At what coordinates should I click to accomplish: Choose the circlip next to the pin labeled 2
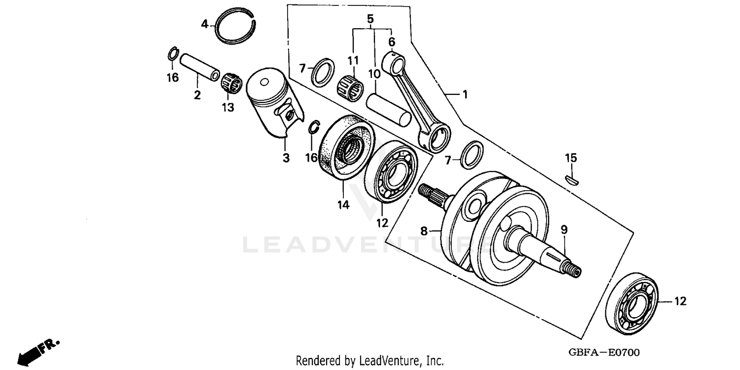pyautogui.click(x=172, y=53)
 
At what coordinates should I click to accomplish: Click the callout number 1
pyautogui.click(x=464, y=94)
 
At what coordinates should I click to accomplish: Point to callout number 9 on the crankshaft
pyautogui.click(x=564, y=230)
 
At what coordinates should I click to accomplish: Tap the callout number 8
pyautogui.click(x=424, y=230)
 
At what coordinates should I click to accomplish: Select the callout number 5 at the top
pyautogui.click(x=370, y=19)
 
